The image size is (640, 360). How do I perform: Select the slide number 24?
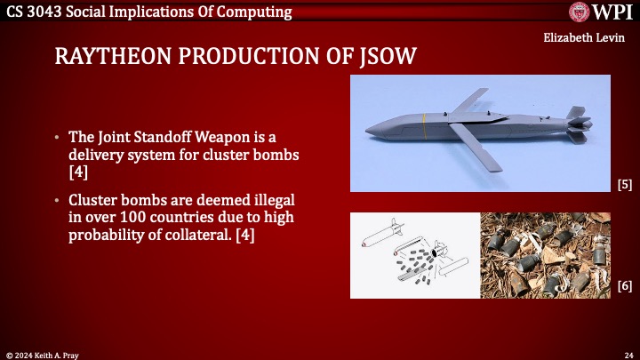(627, 353)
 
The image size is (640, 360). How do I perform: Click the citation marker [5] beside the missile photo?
(624, 185)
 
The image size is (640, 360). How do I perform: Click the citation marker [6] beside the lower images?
(624, 285)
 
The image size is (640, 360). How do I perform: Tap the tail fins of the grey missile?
(575, 126)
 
